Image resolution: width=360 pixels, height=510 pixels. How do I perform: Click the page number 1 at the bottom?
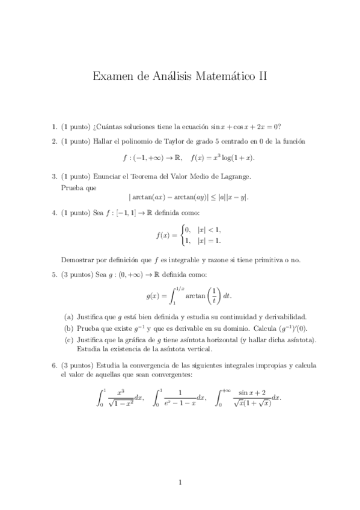pos(180,482)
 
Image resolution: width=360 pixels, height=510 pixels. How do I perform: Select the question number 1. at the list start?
pos(55,126)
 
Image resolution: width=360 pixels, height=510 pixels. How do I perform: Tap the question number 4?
pos(55,212)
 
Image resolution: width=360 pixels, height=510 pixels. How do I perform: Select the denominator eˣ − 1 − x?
pos(179,402)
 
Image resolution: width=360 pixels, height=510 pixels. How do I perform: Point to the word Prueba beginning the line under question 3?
pos(71,187)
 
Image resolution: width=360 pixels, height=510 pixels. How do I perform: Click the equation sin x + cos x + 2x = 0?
pos(245,126)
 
